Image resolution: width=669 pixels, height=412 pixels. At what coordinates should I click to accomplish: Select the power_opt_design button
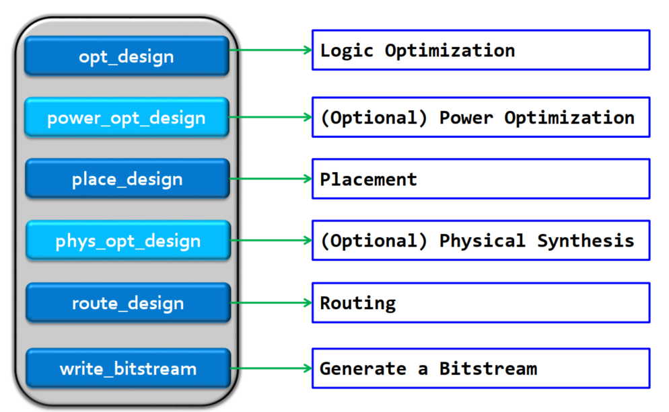click(x=127, y=118)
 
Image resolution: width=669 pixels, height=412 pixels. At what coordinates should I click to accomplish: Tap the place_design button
click(x=127, y=179)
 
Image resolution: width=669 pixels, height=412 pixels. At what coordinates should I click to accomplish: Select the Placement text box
click(x=481, y=179)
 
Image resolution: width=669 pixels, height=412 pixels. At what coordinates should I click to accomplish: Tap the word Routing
click(x=357, y=302)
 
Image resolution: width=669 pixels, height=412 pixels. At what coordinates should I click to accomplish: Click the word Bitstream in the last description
click(x=488, y=368)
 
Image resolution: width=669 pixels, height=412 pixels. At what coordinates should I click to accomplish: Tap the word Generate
click(x=363, y=368)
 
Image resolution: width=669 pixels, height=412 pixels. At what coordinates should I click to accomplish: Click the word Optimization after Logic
click(x=450, y=50)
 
